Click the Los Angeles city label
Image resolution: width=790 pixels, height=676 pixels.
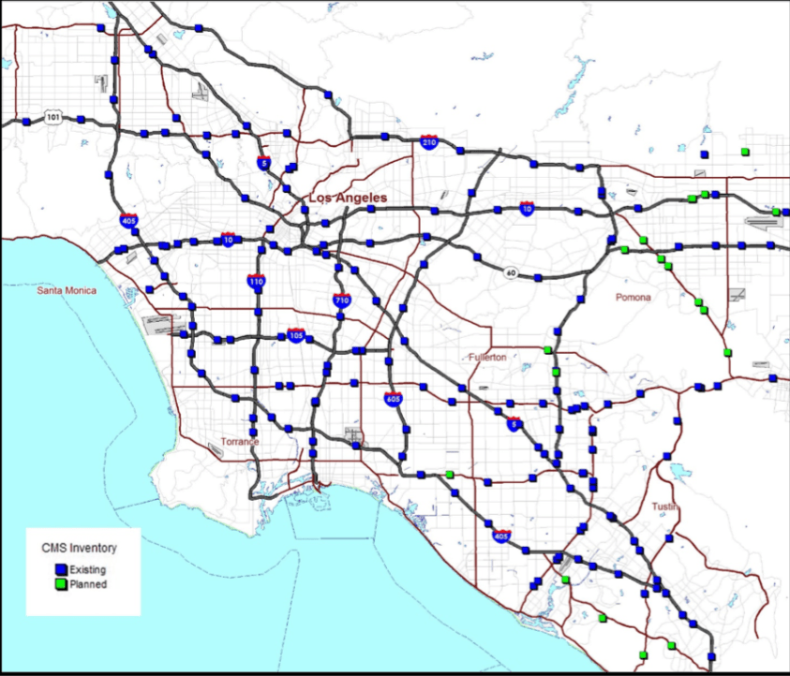[347, 198]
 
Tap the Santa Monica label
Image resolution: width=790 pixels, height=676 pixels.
[67, 291]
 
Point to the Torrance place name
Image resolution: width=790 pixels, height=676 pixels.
[239, 441]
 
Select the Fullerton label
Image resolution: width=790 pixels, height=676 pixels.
[487, 358]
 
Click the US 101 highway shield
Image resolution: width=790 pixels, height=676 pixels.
[52, 117]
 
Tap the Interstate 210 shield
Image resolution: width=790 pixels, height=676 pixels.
[429, 141]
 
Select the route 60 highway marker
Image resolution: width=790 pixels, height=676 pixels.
[512, 273]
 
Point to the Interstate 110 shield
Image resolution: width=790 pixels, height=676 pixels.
[256, 280]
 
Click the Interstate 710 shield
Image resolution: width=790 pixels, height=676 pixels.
[342, 300]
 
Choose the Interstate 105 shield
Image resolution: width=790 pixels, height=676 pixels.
[296, 335]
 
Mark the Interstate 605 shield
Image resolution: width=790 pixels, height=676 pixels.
[394, 399]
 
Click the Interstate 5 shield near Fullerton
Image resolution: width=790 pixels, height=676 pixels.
[514, 422]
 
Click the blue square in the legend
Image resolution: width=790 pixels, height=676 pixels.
[61, 569]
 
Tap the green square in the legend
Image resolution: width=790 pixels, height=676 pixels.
[61, 584]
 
